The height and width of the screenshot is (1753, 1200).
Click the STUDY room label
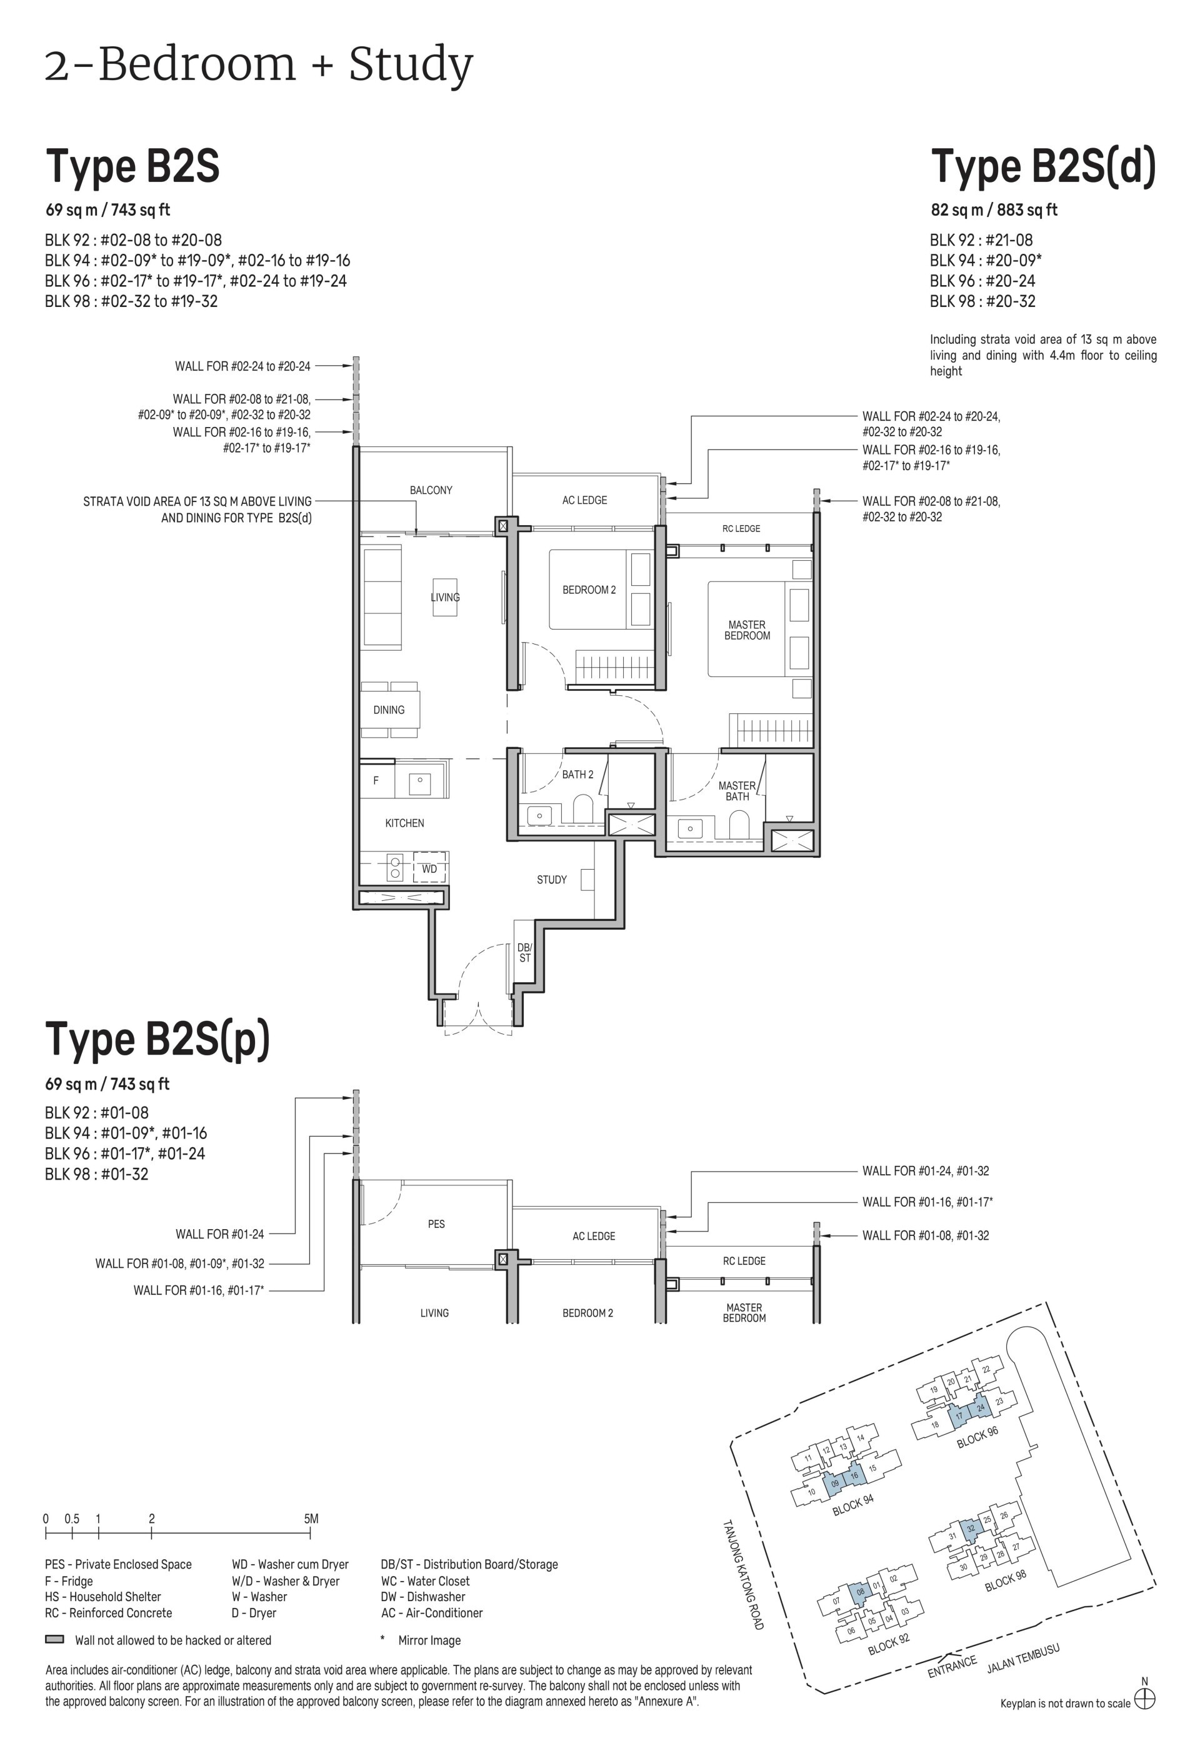tap(551, 880)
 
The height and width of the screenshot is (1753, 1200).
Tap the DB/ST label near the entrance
tap(524, 953)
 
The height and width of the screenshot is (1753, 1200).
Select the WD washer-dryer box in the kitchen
tap(429, 868)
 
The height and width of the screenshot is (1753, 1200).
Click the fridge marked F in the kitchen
tap(376, 780)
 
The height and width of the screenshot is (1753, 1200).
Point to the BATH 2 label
tap(577, 774)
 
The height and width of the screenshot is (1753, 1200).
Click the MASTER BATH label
tap(737, 790)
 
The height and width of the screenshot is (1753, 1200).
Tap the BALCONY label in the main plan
tap(431, 490)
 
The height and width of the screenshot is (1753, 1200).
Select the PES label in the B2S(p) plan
tap(436, 1223)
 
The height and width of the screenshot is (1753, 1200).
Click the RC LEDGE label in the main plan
tap(741, 529)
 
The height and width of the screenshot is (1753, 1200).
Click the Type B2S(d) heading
tap(1043, 167)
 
